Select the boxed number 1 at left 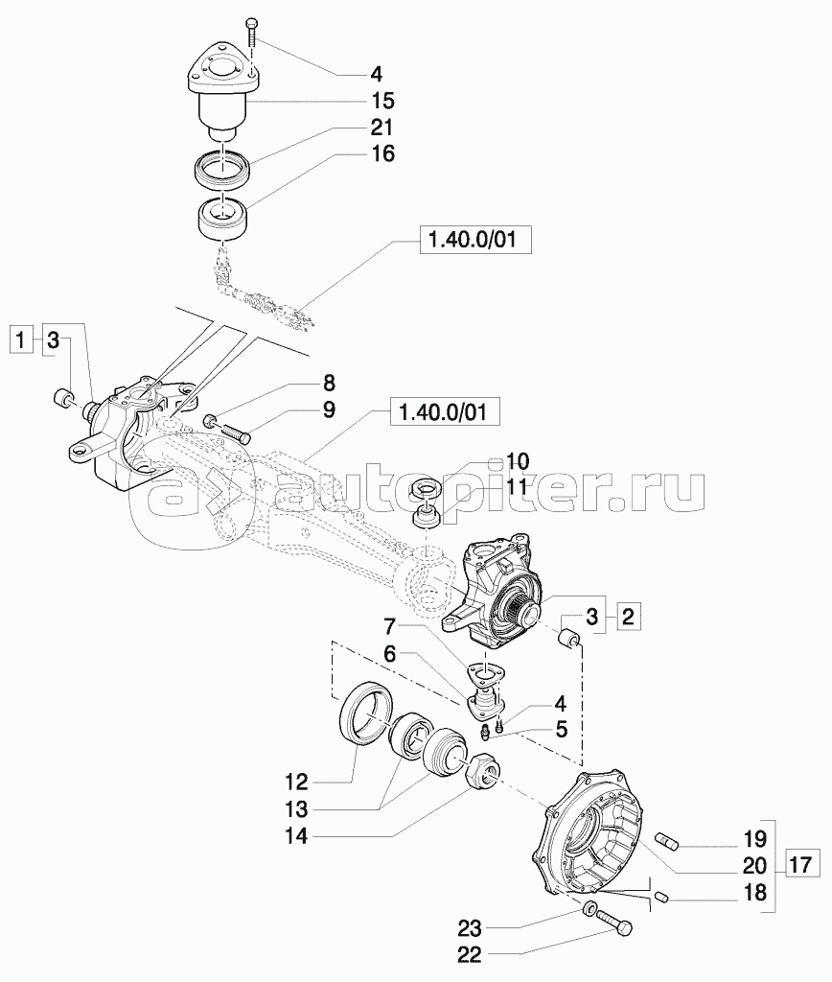[x=22, y=341]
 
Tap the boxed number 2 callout [x=628, y=617]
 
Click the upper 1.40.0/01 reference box [x=474, y=240]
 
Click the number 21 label [x=381, y=128]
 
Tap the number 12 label [x=297, y=783]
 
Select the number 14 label [x=297, y=835]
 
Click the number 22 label [x=469, y=955]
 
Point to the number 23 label [x=469, y=927]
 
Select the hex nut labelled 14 [x=483, y=768]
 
